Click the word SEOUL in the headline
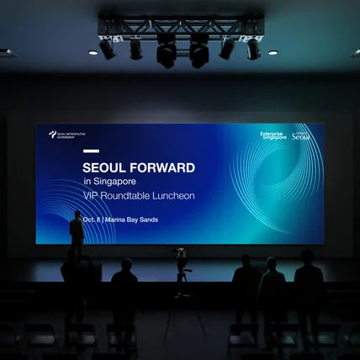[x=103, y=167]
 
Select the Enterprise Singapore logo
[x=273, y=135]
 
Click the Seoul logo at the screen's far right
[x=301, y=135]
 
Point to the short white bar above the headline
[x=91, y=152]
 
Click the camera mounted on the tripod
[x=180, y=253]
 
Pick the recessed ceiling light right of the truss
[x=273, y=53]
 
